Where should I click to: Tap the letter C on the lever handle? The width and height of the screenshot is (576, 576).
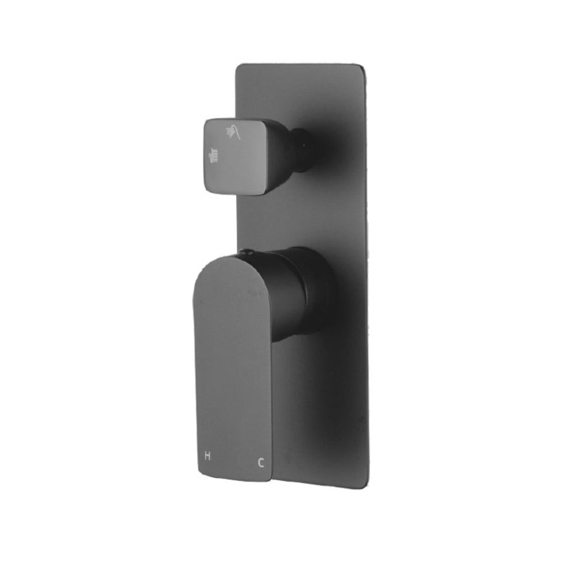pos(261,461)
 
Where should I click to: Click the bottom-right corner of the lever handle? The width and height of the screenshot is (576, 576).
pos(270,483)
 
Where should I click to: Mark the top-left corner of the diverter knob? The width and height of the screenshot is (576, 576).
pos(208,120)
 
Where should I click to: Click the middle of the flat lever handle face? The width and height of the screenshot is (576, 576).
pos(233,369)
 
